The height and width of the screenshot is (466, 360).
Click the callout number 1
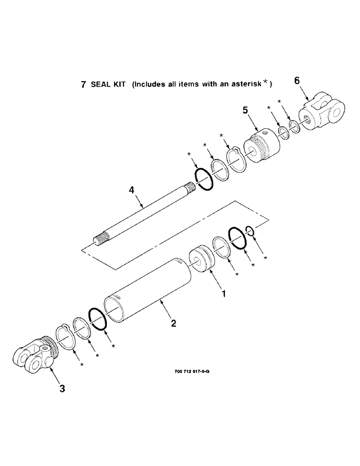(x=223, y=294)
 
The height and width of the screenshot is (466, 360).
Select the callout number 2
(x=173, y=323)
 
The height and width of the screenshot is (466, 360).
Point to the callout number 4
(x=132, y=190)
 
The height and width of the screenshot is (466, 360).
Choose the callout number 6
(x=297, y=81)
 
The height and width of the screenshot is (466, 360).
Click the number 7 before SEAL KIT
(x=83, y=85)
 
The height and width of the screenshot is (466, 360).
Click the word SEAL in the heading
(x=100, y=85)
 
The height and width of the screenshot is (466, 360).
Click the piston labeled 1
(x=201, y=260)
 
